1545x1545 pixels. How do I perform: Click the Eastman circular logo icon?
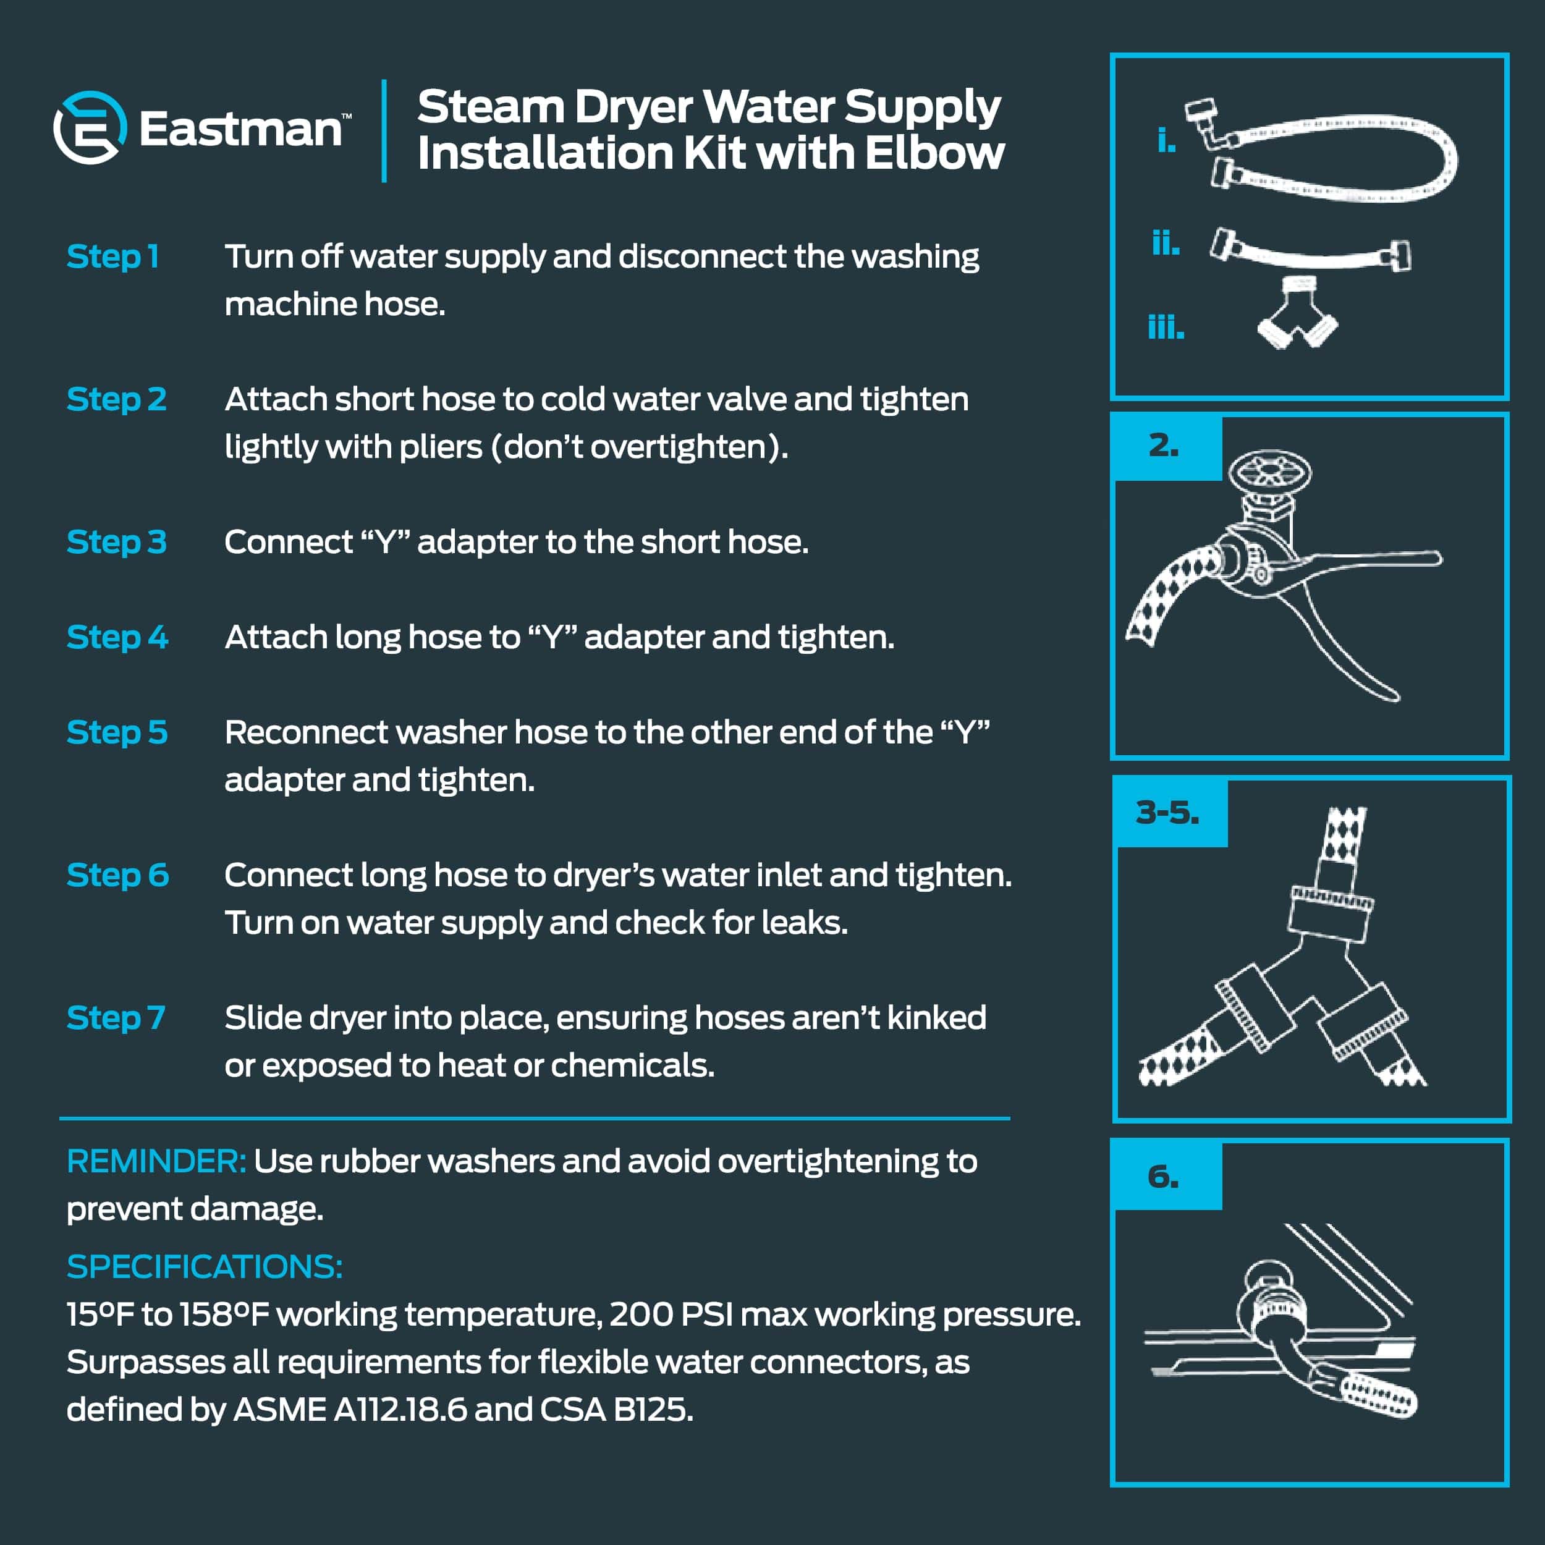(90, 128)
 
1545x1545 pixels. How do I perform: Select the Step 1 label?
(112, 256)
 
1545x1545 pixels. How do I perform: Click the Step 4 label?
(117, 637)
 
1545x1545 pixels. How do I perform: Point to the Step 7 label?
(116, 1018)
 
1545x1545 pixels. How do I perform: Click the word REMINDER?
(156, 1161)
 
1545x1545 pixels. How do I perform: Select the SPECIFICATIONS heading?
(205, 1267)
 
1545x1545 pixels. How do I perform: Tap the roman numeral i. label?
(1167, 141)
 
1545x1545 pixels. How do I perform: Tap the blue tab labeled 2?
(1167, 447)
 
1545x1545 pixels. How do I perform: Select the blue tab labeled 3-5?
(1170, 813)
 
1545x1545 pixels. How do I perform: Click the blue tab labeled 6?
(1167, 1176)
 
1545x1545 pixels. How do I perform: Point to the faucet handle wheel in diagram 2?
(1270, 471)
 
